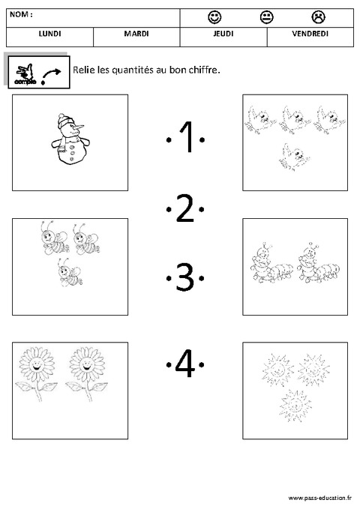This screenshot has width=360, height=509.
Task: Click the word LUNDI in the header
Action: [49, 34]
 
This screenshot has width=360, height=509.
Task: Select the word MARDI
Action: [136, 34]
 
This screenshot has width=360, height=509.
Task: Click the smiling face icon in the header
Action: [214, 16]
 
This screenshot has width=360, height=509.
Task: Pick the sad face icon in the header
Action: [319, 16]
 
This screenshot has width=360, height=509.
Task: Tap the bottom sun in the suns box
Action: [292, 406]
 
